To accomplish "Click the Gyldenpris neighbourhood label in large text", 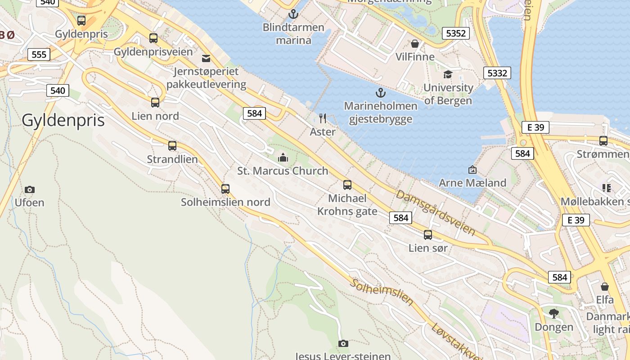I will click(63, 121).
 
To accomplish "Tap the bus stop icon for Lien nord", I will click(155, 103).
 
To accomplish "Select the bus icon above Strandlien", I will click(172, 146).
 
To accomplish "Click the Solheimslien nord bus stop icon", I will click(225, 189).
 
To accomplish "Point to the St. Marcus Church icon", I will click(283, 157).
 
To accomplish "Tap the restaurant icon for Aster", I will click(323, 118).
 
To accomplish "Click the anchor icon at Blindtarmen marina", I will click(293, 14).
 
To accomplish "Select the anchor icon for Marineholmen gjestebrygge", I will click(381, 93).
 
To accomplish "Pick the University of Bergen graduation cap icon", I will click(448, 74).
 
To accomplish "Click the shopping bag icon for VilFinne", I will click(415, 44).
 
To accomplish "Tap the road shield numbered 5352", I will click(455, 33).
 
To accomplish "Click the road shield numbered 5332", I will click(497, 73).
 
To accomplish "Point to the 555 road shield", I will click(39, 54).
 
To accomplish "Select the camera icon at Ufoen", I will click(30, 189).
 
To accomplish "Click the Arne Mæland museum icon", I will click(472, 170).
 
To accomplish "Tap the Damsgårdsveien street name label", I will click(435, 213).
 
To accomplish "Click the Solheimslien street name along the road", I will click(382, 292).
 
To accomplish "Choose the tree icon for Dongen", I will click(554, 313).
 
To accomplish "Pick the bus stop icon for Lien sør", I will click(428, 235).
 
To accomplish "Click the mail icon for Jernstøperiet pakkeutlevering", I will click(206, 58).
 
